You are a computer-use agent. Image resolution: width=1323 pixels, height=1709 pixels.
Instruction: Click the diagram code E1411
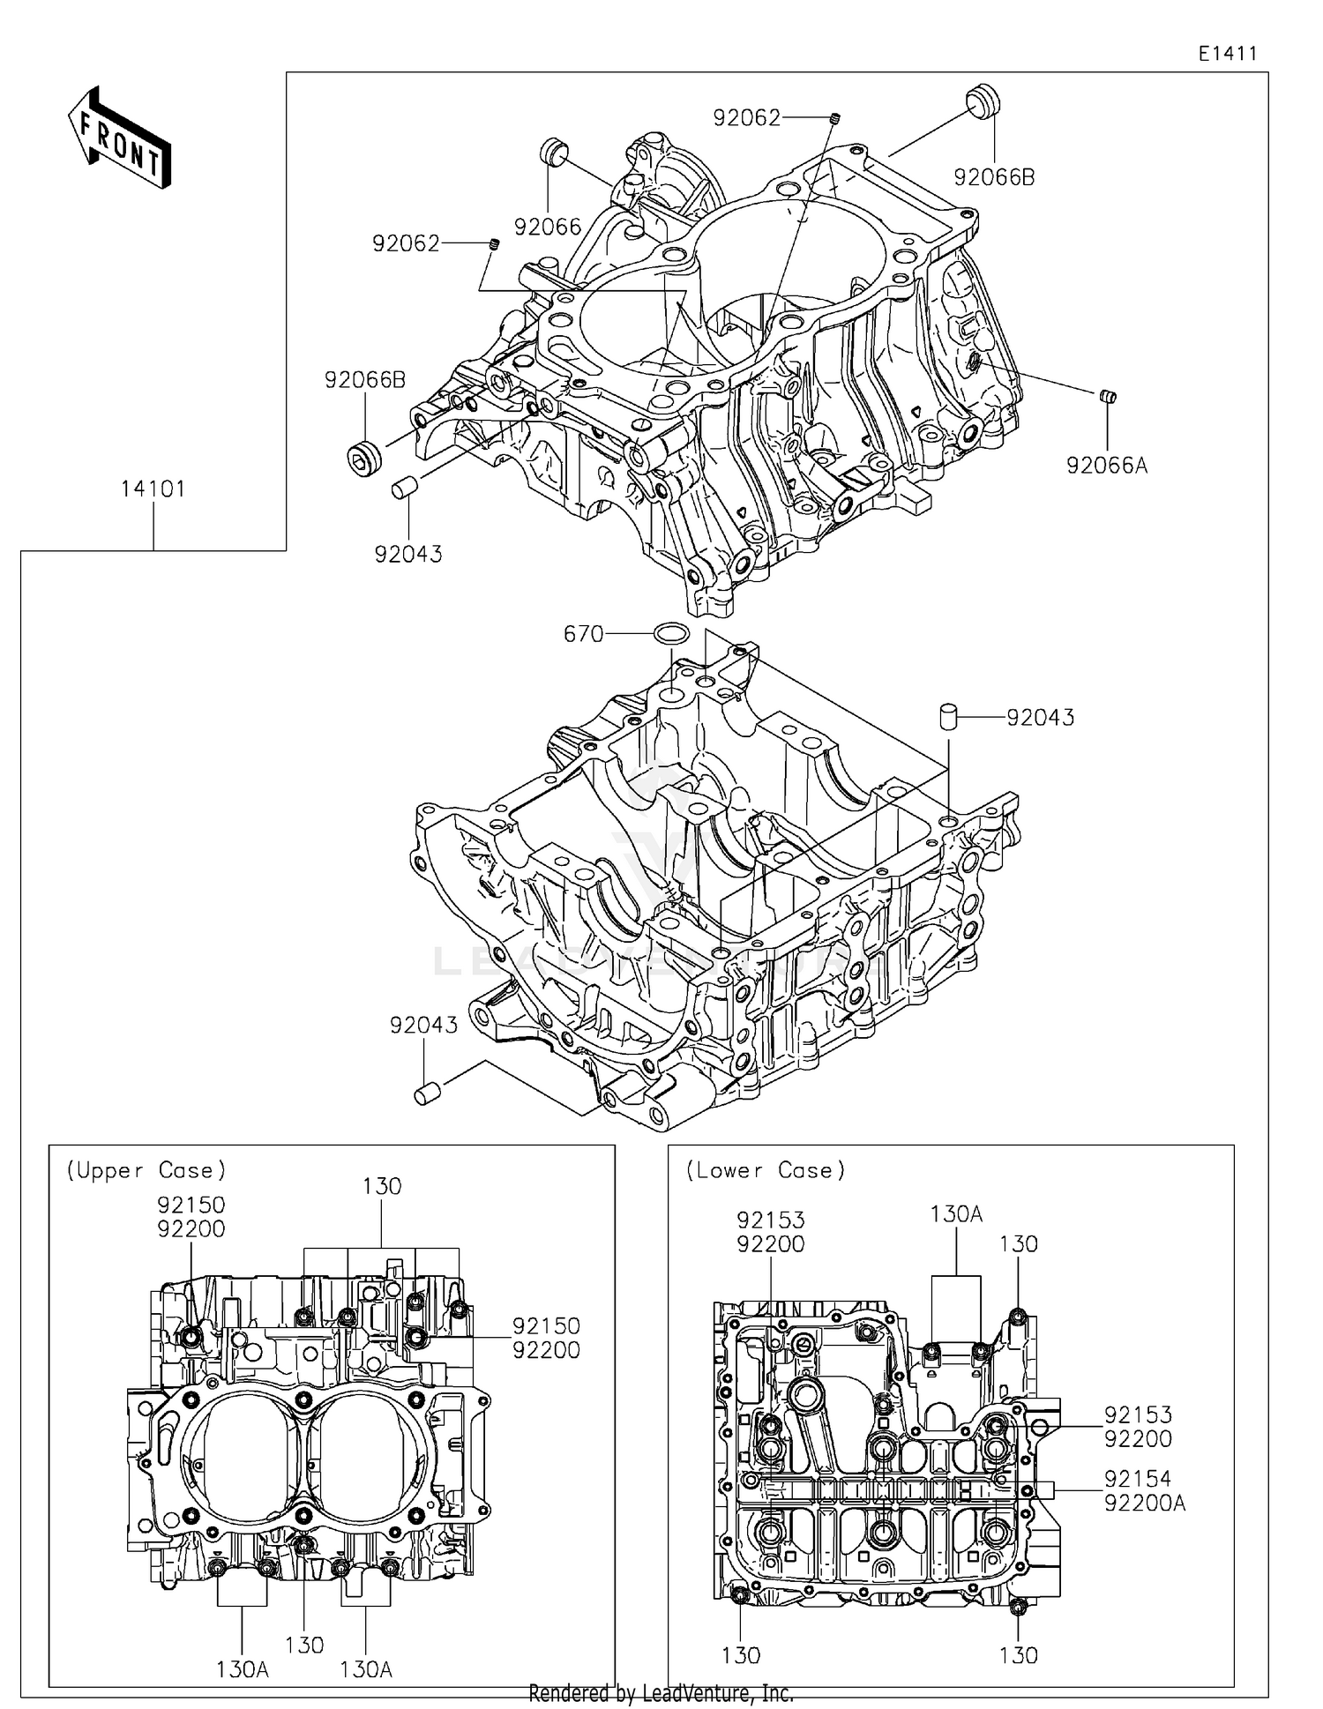click(1227, 54)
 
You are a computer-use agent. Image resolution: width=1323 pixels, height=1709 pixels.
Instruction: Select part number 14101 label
click(153, 489)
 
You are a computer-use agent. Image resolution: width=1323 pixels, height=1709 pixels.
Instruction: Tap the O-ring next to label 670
click(672, 632)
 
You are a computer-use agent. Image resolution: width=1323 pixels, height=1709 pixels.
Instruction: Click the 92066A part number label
click(1107, 466)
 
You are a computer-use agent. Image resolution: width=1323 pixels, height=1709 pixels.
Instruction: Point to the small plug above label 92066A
click(1108, 396)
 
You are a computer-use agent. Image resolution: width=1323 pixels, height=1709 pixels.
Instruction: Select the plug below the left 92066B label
click(363, 459)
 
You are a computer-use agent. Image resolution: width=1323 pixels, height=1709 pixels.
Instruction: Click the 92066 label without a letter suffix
click(548, 228)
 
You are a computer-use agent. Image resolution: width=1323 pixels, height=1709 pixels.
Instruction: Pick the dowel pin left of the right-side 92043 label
click(949, 715)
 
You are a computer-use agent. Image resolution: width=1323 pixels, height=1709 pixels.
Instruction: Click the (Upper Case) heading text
click(146, 1170)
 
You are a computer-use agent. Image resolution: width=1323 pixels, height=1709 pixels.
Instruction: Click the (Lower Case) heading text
click(766, 1170)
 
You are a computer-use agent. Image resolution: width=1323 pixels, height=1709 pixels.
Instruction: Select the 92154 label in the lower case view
click(1138, 1479)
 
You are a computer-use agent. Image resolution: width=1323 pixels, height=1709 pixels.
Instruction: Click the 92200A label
click(1145, 1504)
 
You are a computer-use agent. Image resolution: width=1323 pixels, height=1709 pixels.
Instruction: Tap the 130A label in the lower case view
click(956, 1214)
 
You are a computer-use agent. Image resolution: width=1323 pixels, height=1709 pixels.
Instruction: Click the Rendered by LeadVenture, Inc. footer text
click(661, 1694)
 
